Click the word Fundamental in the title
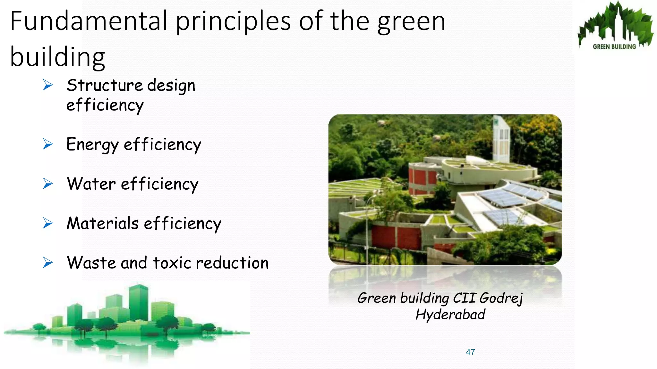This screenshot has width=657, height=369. click(x=89, y=21)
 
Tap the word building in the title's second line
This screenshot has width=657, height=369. click(x=58, y=57)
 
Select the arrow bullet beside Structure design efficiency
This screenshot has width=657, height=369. click(x=48, y=85)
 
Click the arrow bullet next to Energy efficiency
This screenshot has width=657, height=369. click(x=48, y=144)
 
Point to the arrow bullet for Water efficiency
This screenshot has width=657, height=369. click(x=48, y=184)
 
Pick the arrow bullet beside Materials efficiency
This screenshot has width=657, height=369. click(x=48, y=223)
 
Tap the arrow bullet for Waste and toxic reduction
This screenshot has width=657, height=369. click(x=48, y=263)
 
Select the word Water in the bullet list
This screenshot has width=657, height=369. click(x=91, y=184)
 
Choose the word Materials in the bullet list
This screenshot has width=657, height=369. click(x=102, y=223)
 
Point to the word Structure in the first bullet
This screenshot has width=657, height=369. click(x=105, y=86)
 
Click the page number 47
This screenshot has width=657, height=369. click(x=470, y=352)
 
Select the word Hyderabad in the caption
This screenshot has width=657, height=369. click(x=450, y=315)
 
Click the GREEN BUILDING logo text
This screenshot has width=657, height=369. click(x=614, y=47)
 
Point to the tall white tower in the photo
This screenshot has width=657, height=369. click(x=501, y=139)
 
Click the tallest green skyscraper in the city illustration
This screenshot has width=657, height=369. click(x=138, y=303)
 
